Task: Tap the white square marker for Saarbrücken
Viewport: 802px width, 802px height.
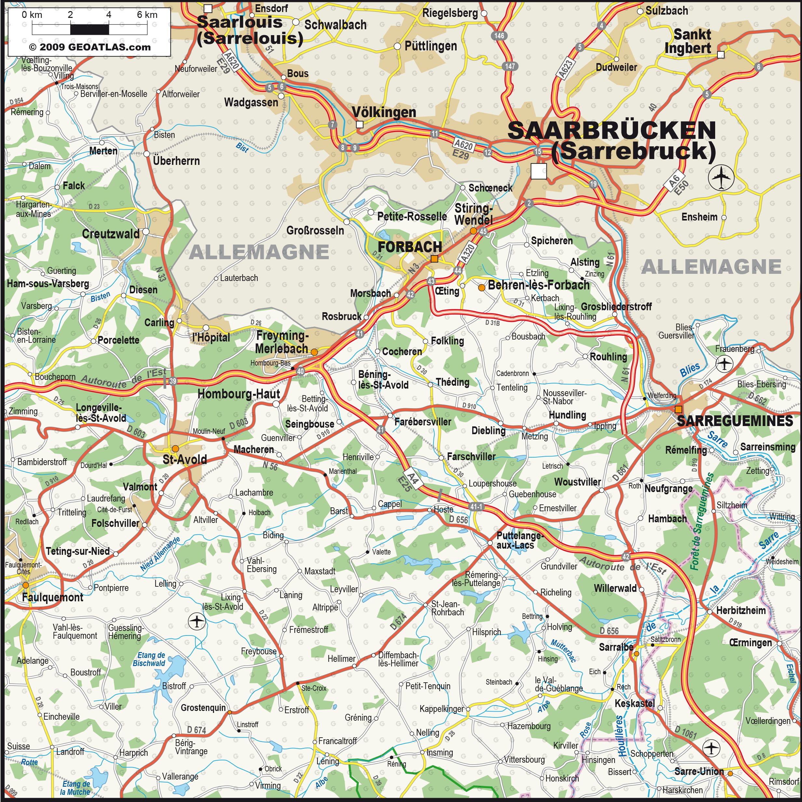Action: [x=539, y=171]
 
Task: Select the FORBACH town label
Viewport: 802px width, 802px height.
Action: [x=410, y=247]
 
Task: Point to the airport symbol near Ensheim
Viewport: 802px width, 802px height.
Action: [x=721, y=178]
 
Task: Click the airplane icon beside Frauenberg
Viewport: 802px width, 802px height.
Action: [x=724, y=364]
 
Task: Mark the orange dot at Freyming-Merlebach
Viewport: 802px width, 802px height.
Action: [x=314, y=352]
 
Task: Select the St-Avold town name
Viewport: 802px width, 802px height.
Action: [x=185, y=460]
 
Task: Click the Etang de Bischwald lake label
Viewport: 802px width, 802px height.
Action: [x=149, y=659]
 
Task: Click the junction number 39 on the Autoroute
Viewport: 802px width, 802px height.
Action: [x=173, y=381]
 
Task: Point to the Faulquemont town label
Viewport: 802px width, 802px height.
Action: [x=53, y=597]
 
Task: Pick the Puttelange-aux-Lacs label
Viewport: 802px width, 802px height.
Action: [x=519, y=540]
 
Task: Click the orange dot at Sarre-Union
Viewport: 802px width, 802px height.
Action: [x=730, y=774]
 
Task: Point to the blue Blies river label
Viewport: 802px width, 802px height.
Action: [x=690, y=369]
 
